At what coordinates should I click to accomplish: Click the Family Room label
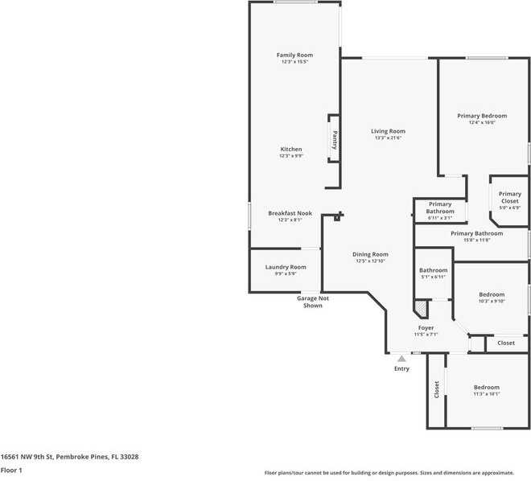(294, 54)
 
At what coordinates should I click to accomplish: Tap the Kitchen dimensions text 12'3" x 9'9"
(291, 156)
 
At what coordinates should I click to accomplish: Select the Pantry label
(335, 140)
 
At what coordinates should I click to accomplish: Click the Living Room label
(388, 131)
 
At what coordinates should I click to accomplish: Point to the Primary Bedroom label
(482, 116)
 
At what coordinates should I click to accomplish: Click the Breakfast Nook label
(290, 213)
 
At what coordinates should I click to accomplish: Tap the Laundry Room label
(286, 267)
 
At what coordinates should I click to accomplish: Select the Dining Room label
(370, 254)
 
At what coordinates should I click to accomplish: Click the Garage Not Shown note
(313, 302)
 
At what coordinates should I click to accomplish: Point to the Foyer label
(426, 327)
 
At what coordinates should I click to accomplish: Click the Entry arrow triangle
(401, 358)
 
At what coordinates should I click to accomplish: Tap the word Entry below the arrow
(401, 368)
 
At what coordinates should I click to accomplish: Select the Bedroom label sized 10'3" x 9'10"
(491, 294)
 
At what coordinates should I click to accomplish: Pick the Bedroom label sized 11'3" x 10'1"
(486, 387)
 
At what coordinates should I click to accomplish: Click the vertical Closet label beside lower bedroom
(437, 389)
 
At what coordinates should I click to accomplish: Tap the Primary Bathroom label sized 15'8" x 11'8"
(476, 233)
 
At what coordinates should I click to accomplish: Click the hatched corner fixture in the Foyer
(420, 307)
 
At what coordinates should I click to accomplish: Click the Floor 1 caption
(11, 470)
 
